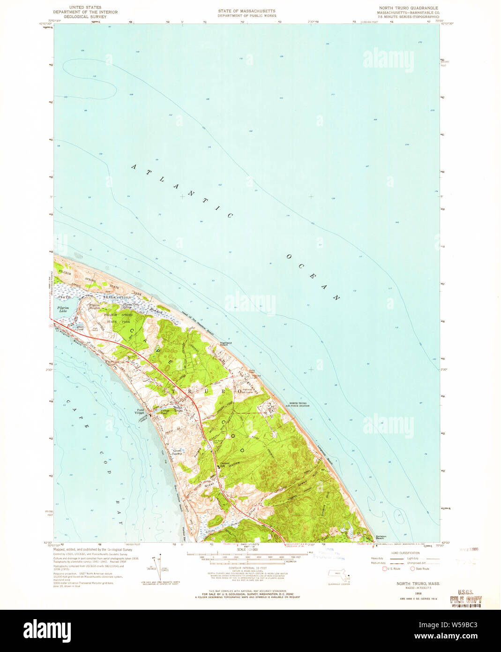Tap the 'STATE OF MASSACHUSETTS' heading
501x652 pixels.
pyautogui.click(x=247, y=11)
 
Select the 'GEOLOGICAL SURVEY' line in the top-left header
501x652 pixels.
pyautogui.click(x=85, y=16)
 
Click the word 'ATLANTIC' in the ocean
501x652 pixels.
pyautogui.click(x=182, y=190)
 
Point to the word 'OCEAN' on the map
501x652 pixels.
pyautogui.click(x=313, y=277)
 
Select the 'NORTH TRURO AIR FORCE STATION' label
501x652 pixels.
pyautogui.click(x=298, y=404)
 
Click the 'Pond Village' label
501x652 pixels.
pyautogui.click(x=141, y=411)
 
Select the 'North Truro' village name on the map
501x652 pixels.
pyautogui.click(x=178, y=408)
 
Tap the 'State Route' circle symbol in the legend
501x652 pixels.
pyautogui.click(x=412, y=569)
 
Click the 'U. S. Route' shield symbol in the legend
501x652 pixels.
pyautogui.click(x=385, y=569)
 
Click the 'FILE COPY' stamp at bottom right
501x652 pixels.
pyautogui.click(x=465, y=599)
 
